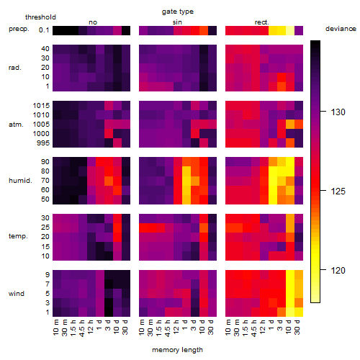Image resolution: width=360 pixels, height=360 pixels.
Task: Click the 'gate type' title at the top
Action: click(178, 12)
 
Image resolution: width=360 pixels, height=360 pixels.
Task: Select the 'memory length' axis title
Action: click(177, 350)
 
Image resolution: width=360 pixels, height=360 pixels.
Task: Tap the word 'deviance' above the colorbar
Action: click(341, 29)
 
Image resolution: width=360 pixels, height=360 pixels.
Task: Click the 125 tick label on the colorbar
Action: click(338, 191)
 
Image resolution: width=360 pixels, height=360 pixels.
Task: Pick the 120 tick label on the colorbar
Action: click(338, 270)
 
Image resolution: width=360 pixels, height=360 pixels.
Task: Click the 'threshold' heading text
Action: click(40, 17)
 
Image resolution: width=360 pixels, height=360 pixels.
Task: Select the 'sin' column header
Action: click(177, 22)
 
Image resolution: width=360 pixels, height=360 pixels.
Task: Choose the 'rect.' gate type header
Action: click(262, 22)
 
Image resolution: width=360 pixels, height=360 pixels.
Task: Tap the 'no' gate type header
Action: click(93, 22)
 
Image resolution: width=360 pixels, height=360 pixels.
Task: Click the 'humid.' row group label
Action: click(20, 181)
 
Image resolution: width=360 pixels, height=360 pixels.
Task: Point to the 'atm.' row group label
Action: click(16, 125)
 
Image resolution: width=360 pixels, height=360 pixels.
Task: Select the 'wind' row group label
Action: click(17, 294)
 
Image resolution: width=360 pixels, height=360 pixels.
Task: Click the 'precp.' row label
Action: click(19, 29)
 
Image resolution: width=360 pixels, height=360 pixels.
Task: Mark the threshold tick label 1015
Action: click(41, 105)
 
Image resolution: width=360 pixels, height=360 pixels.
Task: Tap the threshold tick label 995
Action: click(43, 143)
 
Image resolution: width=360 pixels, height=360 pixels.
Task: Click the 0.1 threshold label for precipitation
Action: click(44, 30)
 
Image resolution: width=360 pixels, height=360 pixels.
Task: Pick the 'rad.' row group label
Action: click(15, 68)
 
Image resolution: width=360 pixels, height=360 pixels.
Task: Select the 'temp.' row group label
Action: click(18, 236)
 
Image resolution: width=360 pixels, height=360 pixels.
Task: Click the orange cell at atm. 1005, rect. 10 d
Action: click(290, 124)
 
